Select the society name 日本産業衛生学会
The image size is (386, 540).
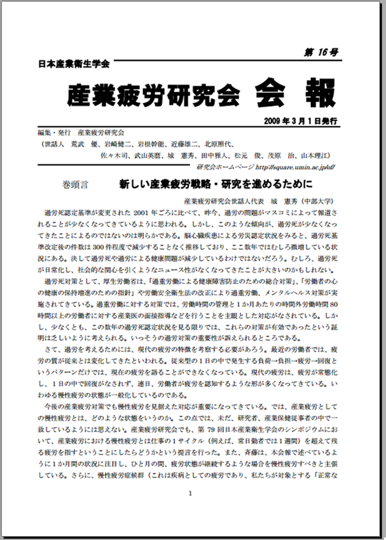pyautogui.click(x=74, y=64)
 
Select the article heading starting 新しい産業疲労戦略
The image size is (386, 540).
pyautogui.click(x=216, y=186)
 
